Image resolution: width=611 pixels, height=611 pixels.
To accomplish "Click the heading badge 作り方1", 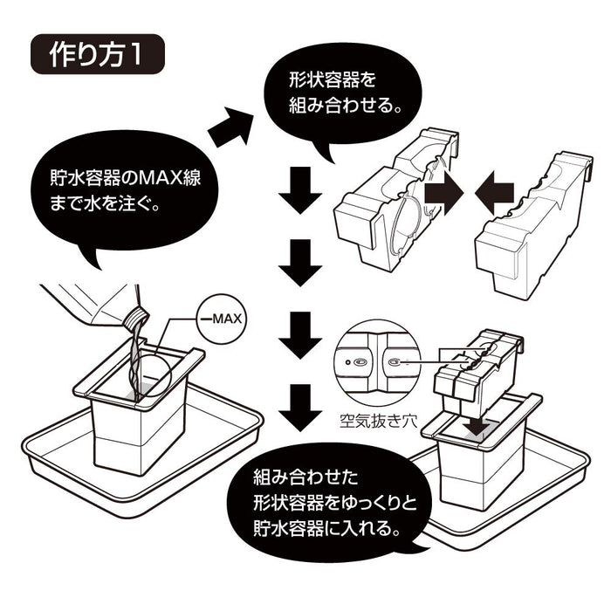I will click(x=98, y=58).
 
